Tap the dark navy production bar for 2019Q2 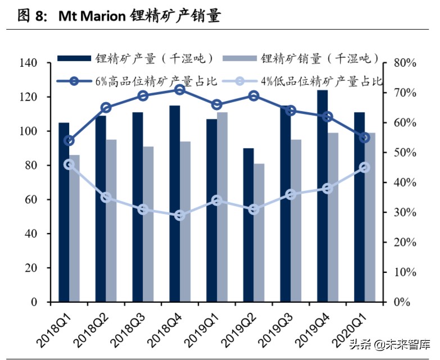(248, 225)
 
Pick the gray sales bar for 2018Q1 (74, 228)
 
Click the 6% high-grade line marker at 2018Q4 (180, 90)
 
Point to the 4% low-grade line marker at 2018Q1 (69, 165)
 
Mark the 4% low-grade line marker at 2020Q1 (364, 167)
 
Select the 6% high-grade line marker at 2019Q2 (253, 96)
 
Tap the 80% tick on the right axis (404, 63)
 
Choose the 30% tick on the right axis (404, 213)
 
